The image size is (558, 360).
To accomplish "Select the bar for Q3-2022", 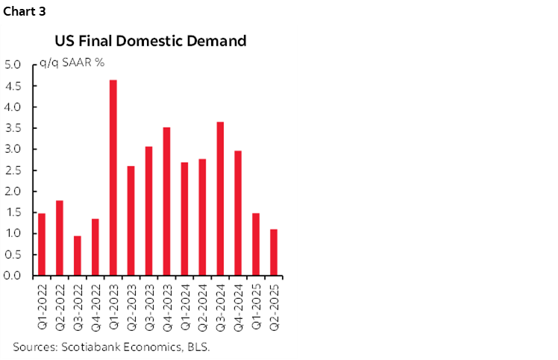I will [77, 256].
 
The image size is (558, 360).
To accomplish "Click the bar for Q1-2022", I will [42, 244].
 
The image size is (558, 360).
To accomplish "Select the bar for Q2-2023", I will [131, 221].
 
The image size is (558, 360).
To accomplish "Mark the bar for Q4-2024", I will [238, 213].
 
